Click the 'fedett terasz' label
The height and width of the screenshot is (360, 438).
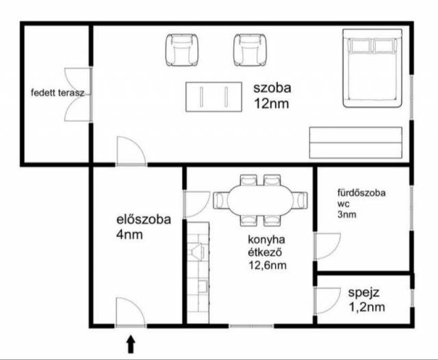pos(57,92)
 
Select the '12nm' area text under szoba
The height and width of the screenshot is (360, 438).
pos(271,103)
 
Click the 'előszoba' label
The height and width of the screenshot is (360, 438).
pos(143,219)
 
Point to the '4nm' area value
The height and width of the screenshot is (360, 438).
pos(129,234)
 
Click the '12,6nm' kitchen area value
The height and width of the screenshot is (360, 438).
pos(268,265)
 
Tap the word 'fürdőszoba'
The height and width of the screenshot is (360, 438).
pos(361,193)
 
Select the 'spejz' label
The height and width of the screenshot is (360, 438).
pos(363,293)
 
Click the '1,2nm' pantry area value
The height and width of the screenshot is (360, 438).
pos(367,307)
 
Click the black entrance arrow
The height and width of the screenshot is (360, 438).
pos(131,344)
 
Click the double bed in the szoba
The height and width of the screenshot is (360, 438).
pos(372,68)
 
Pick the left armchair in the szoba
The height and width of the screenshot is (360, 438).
pos(182,50)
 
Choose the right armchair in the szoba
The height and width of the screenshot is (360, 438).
pos(250,50)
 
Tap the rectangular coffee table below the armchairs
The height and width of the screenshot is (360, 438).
pos(214,97)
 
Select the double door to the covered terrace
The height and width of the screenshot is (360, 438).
pos(78,94)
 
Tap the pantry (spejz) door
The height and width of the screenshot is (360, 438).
pos(327,301)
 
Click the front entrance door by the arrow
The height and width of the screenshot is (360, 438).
pos(131,312)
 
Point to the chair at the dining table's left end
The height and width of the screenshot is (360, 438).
pos(221,200)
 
